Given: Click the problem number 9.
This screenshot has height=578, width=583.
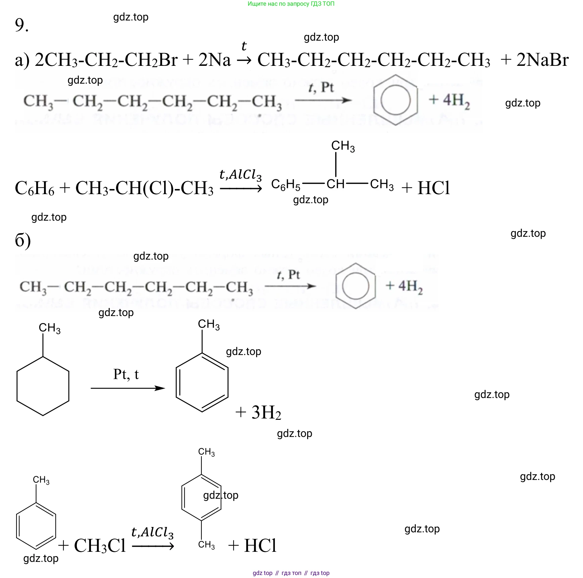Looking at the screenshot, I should [21, 25].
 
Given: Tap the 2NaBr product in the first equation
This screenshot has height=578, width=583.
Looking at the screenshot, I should [542, 60].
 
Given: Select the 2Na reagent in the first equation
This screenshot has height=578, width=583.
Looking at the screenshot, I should [214, 60].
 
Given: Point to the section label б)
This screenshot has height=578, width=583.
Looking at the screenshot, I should [23, 240].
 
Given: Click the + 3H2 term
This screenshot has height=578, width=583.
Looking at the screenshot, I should [258, 412].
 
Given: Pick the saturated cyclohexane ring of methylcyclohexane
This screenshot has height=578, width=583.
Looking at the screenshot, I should [43, 386].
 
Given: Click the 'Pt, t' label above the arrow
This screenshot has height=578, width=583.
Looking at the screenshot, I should [126, 374].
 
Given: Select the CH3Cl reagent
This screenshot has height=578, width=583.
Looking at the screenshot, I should [100, 546].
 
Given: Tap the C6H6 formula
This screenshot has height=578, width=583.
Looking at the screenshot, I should [34, 188].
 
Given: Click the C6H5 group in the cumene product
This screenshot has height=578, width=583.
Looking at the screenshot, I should [286, 185].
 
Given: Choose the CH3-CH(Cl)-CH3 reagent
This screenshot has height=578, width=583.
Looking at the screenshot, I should [144, 188].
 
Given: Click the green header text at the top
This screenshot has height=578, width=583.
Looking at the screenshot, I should [291, 4].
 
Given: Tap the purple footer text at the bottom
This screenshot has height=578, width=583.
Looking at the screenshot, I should [291, 573].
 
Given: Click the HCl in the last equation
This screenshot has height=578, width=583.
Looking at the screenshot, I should [260, 546].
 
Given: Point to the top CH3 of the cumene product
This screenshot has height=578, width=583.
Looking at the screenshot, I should [343, 146].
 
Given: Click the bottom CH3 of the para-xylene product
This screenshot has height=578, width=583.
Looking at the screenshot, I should [206, 545].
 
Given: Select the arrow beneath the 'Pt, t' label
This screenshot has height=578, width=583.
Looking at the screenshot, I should [128, 388].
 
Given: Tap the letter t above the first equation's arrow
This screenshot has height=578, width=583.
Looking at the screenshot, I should [244, 46].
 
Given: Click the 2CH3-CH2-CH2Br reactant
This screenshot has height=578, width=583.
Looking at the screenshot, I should [106, 60].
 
